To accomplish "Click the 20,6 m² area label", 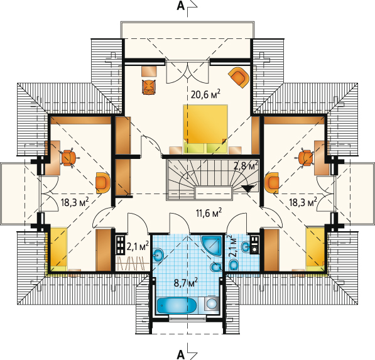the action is (205, 94).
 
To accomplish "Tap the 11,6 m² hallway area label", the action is (209, 212).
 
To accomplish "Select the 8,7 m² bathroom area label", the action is (185, 283).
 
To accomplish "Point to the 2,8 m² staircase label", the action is (246, 165).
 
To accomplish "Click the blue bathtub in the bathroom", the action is (177, 305).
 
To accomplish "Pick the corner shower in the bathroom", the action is (212, 246).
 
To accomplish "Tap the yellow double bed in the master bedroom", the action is (205, 129).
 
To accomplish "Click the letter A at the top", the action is (181, 6).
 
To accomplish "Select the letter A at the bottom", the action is (181, 354).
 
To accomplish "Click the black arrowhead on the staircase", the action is (247, 188).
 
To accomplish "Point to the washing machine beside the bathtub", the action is (212, 304).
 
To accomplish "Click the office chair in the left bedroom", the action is (69, 158).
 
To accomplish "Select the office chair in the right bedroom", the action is (306, 158).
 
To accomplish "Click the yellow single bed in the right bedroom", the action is (316, 249).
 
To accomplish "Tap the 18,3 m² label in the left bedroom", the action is (75, 202).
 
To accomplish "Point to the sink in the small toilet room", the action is (246, 247).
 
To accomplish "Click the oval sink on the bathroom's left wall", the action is (158, 254).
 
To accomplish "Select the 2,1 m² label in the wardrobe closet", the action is (138, 246).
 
